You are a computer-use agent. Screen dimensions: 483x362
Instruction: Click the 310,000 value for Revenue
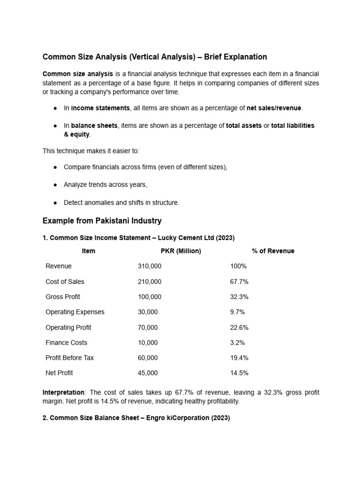(149, 266)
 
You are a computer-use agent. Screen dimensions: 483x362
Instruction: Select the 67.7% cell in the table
(239, 282)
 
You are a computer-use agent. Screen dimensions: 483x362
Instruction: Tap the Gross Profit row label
(63, 297)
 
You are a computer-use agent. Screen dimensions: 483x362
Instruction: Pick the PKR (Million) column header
(181, 251)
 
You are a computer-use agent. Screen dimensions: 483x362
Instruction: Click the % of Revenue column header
(273, 251)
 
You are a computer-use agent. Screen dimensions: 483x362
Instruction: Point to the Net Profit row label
(59, 373)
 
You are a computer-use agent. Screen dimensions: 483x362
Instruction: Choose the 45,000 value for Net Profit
(148, 373)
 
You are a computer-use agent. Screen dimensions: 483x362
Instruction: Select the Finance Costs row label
(66, 342)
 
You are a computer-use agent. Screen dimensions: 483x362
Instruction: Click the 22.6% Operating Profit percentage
(239, 327)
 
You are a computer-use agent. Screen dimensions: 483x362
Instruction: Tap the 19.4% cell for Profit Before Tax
(239, 358)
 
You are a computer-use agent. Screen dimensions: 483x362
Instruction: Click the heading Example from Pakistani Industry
(102, 221)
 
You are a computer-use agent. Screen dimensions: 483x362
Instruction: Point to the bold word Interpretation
(64, 392)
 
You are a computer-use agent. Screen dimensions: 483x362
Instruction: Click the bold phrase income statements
(100, 108)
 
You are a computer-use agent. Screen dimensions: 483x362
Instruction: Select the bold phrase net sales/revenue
(274, 108)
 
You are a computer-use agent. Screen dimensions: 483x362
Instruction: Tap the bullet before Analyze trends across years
(55, 185)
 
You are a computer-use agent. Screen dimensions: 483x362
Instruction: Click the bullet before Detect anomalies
(55, 202)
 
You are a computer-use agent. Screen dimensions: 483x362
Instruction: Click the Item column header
(88, 251)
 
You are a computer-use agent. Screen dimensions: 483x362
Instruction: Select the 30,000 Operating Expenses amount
(148, 312)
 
